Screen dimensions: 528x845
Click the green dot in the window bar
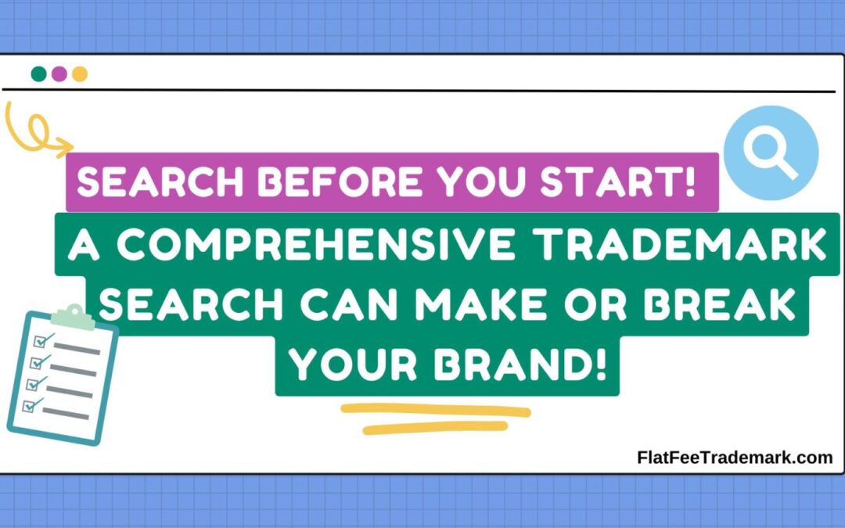click(x=38, y=74)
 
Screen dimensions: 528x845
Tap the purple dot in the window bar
click(x=59, y=74)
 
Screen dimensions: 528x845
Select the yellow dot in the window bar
click(x=79, y=74)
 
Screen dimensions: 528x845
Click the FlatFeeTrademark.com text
click(x=735, y=458)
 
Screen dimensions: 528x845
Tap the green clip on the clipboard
click(x=71, y=315)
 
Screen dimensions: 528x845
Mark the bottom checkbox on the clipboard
click(x=34, y=405)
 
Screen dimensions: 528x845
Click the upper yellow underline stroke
click(x=436, y=410)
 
